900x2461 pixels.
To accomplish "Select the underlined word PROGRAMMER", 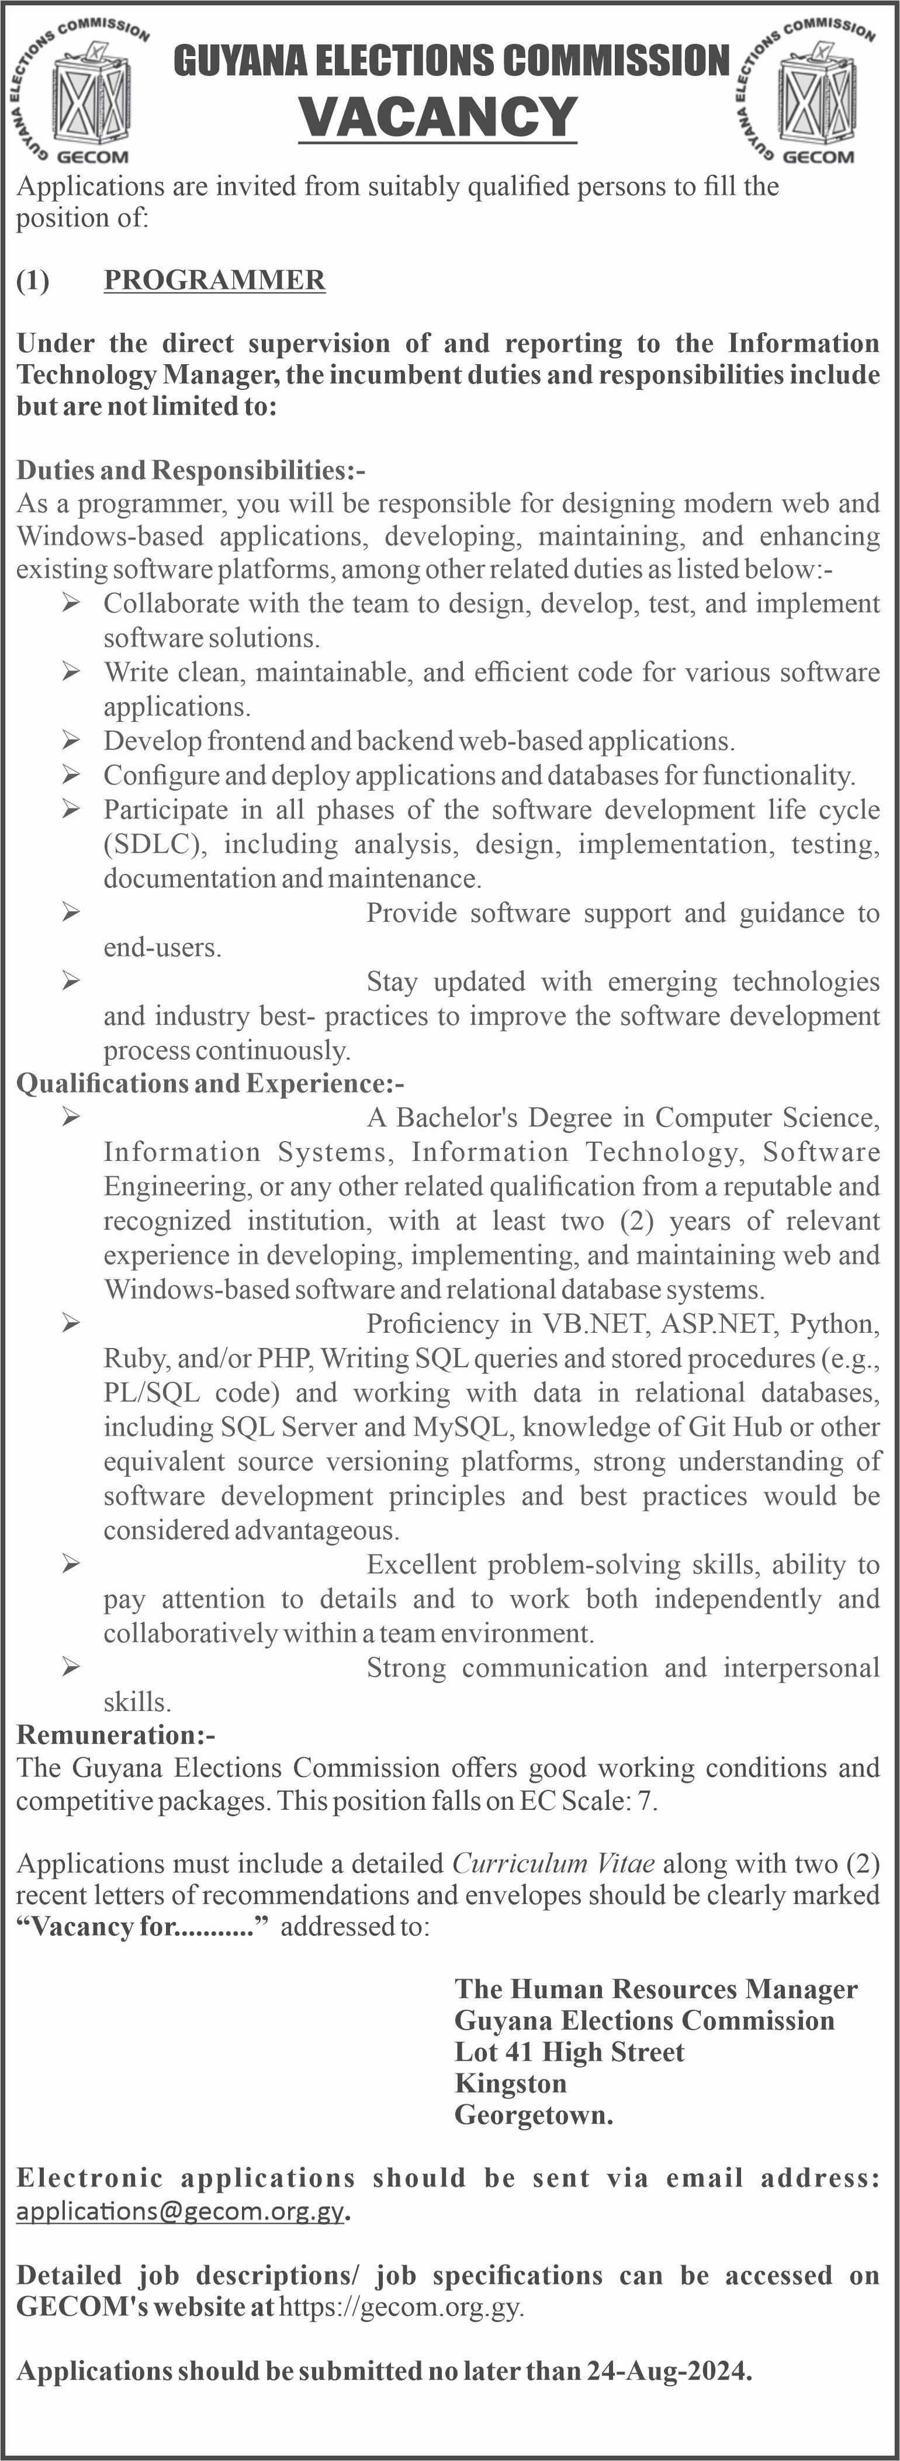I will [x=214, y=280].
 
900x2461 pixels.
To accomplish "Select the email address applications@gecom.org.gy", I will [x=179, y=2211].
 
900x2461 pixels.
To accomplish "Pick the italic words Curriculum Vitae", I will [x=553, y=1863].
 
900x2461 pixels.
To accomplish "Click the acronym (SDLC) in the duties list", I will [x=154, y=845].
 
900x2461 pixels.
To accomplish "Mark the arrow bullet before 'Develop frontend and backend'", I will [x=71, y=741].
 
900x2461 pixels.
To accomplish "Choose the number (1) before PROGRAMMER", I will [x=33, y=280].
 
